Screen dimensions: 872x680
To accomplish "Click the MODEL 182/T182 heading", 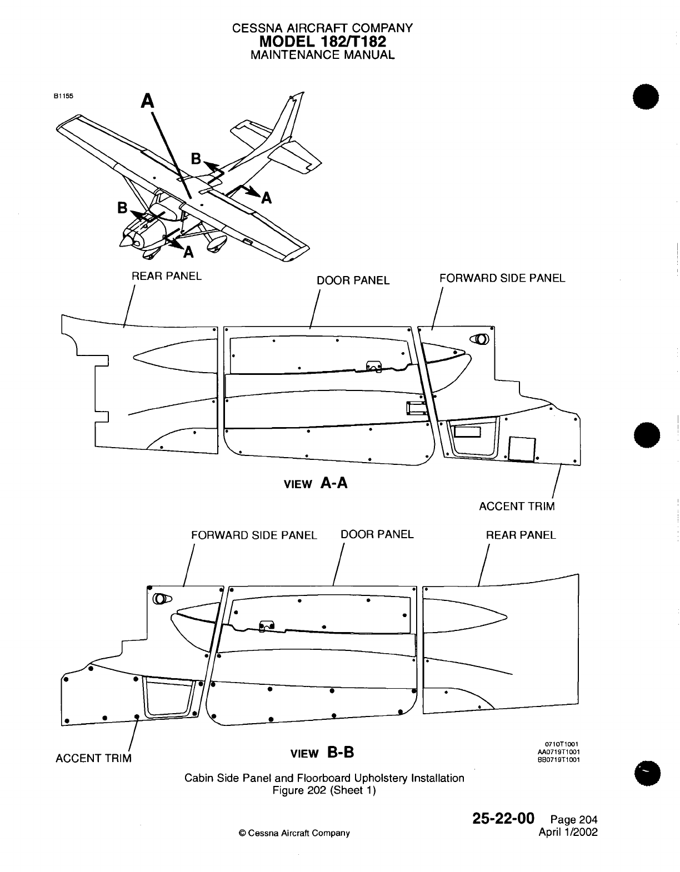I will pos(322,41).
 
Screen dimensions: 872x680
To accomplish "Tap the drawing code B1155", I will pos(63,96).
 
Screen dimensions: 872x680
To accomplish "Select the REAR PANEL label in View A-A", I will pos(167,275).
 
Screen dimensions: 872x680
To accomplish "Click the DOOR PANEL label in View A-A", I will pos(353,280).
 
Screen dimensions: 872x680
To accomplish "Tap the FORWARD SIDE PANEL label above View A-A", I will pos(502,278).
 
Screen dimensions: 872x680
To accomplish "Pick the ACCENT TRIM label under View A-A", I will pos(517,506).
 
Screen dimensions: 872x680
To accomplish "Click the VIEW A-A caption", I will pos(316,483).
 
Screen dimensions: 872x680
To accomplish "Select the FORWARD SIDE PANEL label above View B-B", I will pos(254,535).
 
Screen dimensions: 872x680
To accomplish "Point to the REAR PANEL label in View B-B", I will pos(521,535).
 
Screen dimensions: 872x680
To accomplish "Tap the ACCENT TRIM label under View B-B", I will pos(94,758).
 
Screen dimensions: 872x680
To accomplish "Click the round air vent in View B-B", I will pos(161,599).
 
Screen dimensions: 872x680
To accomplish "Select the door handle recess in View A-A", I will pos(415,407).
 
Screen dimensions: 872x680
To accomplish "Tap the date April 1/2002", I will pos(568,832).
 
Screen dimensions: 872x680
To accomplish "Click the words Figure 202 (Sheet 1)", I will pos(324,790).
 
